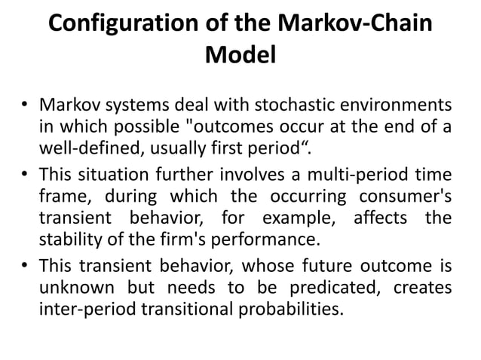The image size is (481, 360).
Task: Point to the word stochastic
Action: (232, 103)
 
